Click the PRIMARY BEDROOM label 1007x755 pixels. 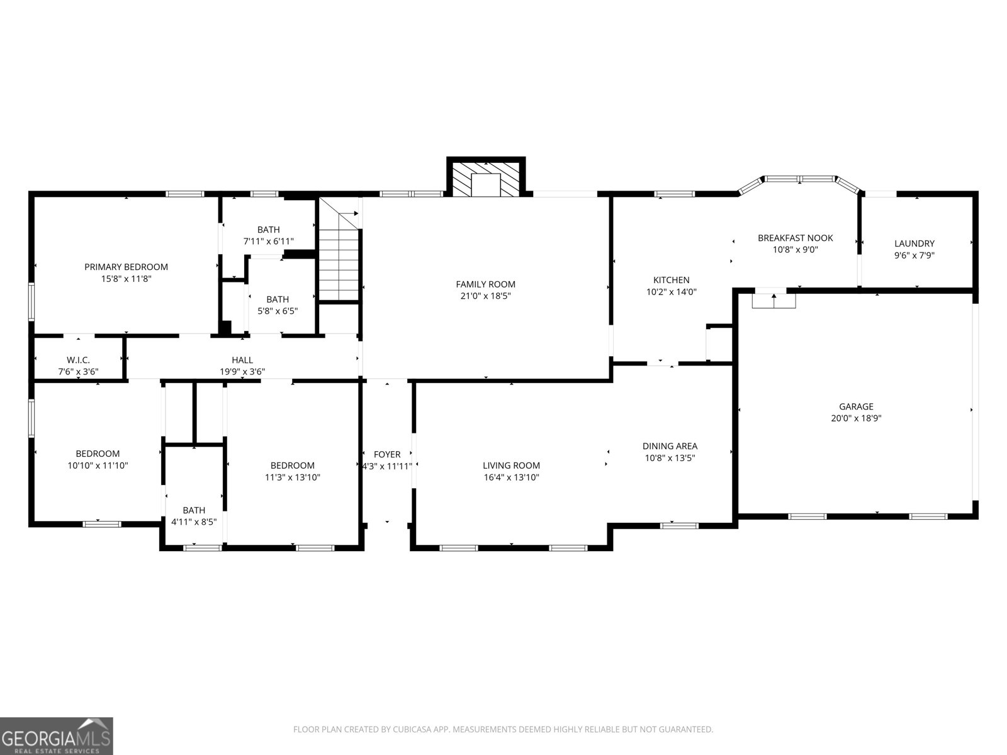tap(126, 267)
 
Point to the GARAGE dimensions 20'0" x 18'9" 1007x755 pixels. tap(856, 418)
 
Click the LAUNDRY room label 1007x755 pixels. tap(914, 243)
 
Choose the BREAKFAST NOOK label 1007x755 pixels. tap(795, 238)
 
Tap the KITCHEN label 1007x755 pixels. tap(671, 280)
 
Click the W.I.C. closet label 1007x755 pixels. tap(78, 360)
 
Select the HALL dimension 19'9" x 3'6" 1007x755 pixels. tap(242, 372)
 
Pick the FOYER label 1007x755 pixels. tap(387, 454)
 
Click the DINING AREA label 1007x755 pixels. tap(670, 446)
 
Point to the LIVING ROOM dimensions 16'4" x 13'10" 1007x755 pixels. tap(511, 478)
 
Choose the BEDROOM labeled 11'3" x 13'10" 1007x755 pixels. tap(293, 466)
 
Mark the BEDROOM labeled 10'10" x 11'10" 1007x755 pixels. tap(98, 454)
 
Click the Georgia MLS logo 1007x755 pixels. tap(57, 735)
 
